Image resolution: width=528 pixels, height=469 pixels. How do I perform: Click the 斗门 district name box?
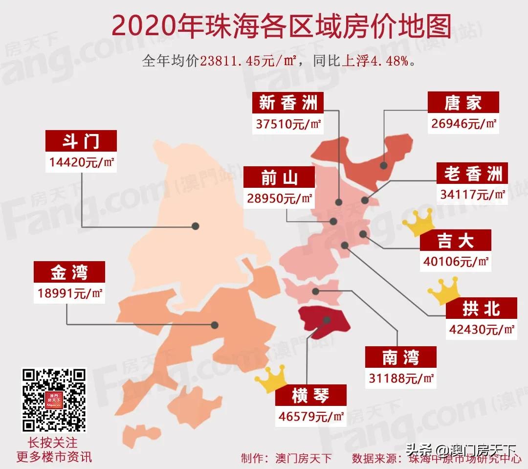pyautogui.click(x=81, y=141)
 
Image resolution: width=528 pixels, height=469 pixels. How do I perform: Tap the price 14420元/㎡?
pyautogui.click(x=81, y=161)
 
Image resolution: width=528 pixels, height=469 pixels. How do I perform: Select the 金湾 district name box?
pyautogui.click(x=69, y=272)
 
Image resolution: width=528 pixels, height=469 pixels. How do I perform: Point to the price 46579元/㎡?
pyautogui.click(x=310, y=417)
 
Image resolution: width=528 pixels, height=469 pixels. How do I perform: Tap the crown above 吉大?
pyautogui.click(x=418, y=223)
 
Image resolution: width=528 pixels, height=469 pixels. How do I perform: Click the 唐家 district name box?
pyautogui.click(x=463, y=103)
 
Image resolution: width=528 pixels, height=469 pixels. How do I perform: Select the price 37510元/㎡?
pyautogui.click(x=288, y=124)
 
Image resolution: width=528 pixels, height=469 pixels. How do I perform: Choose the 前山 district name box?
pyautogui.click(x=279, y=178)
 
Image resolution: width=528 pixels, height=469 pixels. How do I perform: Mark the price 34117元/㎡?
pyautogui.click(x=473, y=195)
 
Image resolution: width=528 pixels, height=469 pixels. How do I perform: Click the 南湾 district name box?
pyautogui.click(x=401, y=357)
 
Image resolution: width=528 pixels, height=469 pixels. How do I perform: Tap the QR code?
pyautogui.click(x=55, y=400)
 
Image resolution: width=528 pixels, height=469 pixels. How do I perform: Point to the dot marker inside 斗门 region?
pyautogui.click(x=195, y=226)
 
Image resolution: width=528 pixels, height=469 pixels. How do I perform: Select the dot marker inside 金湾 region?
pyautogui.click(x=214, y=324)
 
